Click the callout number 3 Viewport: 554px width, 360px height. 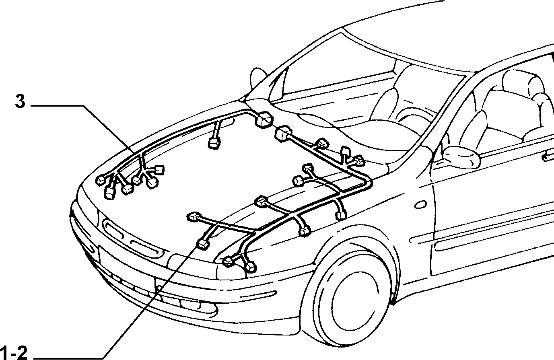(20, 102)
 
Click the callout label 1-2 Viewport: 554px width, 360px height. (14, 353)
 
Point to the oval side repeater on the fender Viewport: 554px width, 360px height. (420, 204)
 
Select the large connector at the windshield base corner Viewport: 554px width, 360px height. (264, 120)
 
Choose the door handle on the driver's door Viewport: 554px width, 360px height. (548, 158)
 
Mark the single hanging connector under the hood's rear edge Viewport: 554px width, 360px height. (214, 143)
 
